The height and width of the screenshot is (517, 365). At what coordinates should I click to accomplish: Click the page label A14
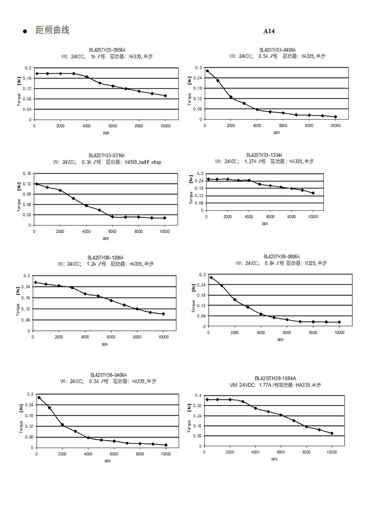coord(269,31)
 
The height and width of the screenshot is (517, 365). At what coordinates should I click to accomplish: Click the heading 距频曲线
coord(52,30)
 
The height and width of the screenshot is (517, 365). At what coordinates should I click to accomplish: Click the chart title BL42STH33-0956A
coord(107,49)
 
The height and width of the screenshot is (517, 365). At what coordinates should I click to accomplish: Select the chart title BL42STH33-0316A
coord(107,155)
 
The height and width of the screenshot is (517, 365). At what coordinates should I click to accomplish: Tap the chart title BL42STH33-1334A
coord(265,155)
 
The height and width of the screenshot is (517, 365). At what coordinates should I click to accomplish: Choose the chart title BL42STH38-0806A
coord(282,256)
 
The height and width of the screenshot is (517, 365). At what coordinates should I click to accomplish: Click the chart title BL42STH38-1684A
coord(275,378)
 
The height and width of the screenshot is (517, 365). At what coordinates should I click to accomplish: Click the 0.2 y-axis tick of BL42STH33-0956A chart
coord(27,68)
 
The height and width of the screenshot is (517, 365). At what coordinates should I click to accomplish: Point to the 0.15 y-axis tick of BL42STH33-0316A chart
coord(27,173)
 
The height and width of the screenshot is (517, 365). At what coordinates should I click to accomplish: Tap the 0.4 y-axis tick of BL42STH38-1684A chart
coord(199,395)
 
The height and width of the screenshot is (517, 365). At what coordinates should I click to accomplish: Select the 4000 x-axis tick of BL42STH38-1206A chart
coord(85,337)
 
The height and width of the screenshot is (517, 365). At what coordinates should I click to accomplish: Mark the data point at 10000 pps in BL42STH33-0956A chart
coord(165,96)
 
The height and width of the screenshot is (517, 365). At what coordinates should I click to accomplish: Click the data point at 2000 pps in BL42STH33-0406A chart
coord(231,97)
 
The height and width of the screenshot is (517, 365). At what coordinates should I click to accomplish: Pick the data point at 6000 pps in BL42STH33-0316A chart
coord(112,216)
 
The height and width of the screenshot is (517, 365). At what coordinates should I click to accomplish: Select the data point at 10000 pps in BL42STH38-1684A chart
coord(332,433)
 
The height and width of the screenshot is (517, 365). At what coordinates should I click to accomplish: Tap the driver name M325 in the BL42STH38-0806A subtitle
coord(310,263)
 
